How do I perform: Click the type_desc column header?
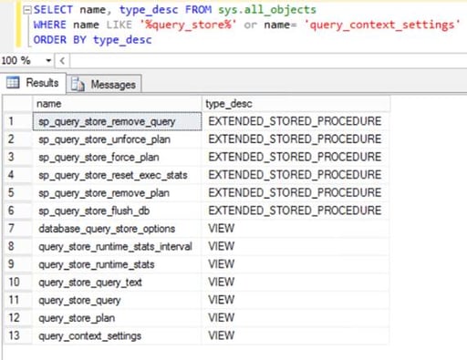pyautogui.click(x=229, y=104)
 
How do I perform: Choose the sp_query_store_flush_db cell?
pyautogui.click(x=94, y=211)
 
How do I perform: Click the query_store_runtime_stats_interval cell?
pyautogui.click(x=115, y=247)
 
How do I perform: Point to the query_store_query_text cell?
pyautogui.click(x=89, y=283)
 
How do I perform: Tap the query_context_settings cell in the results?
pyautogui.click(x=89, y=336)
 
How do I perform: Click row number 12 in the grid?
pyautogui.click(x=13, y=318)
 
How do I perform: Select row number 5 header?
pyautogui.click(x=13, y=193)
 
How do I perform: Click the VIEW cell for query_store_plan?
pyautogui.click(x=222, y=318)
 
